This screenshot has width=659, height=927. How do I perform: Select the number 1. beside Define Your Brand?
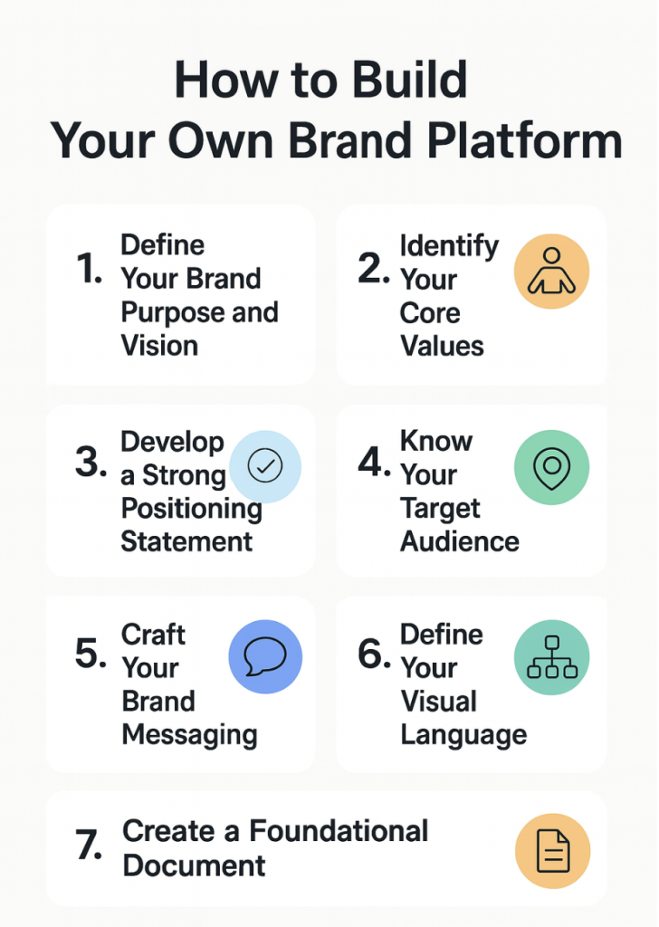tap(90, 270)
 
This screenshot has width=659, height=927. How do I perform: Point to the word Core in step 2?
tap(430, 313)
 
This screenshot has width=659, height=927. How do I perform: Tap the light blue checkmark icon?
tap(265, 466)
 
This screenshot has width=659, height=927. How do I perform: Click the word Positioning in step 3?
tap(191, 508)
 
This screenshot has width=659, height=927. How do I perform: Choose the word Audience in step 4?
tap(459, 541)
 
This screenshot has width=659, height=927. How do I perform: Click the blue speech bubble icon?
tap(265, 656)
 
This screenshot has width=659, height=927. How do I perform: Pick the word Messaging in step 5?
tap(189, 734)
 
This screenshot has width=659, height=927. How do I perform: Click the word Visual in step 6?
tap(438, 701)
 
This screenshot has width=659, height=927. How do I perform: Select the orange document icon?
tap(552, 850)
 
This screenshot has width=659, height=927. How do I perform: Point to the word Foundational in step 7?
tap(339, 831)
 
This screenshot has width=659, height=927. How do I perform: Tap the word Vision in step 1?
tap(159, 346)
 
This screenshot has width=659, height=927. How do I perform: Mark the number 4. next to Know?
tap(373, 463)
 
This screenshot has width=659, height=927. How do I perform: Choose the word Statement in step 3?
tap(186, 541)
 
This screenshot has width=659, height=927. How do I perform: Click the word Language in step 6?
tap(463, 734)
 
